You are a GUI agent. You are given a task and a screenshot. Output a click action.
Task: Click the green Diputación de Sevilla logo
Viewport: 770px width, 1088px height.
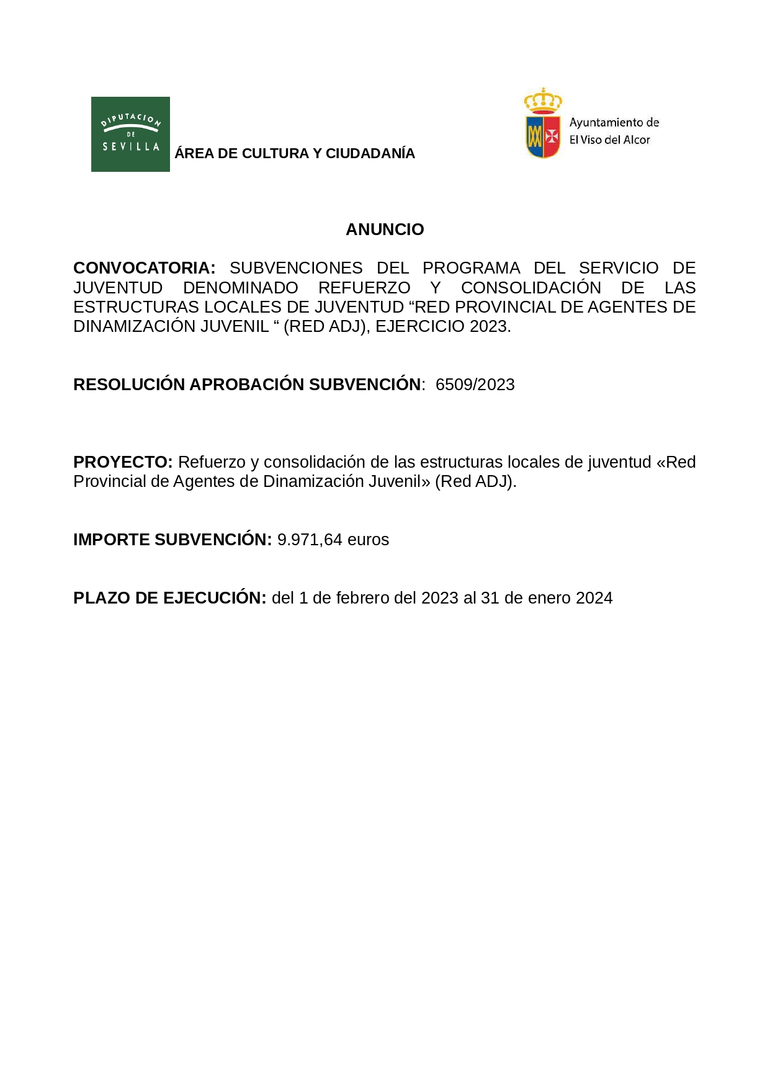130,134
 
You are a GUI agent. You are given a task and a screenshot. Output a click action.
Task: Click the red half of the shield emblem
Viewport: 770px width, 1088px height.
552,136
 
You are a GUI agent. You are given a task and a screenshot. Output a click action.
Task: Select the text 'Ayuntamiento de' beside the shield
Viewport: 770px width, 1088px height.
614,123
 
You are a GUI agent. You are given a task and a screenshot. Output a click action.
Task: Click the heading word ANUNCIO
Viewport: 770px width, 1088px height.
385,230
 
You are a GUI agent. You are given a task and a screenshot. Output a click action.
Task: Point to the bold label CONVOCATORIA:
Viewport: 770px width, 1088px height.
144,268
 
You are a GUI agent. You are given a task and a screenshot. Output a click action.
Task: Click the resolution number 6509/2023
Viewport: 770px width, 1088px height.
475,385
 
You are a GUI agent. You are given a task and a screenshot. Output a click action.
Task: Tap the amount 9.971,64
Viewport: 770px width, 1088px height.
310,540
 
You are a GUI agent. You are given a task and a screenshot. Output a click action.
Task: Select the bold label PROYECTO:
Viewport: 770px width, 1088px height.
123,462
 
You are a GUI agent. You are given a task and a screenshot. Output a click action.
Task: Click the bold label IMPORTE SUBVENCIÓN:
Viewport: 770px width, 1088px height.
172,540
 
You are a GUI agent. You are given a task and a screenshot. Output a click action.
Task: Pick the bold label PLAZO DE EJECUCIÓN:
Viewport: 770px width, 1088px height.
169,598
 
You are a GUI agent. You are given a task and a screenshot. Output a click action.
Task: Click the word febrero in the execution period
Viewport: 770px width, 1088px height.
363,598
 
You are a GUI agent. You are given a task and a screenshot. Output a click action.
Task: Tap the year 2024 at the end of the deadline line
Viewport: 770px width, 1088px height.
594,598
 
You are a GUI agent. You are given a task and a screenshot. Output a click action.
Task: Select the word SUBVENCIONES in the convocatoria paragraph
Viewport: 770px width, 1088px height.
296,268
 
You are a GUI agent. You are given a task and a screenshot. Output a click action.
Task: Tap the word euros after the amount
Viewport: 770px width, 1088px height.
368,540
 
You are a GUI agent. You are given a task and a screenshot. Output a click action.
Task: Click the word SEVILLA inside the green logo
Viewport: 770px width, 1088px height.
131,147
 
